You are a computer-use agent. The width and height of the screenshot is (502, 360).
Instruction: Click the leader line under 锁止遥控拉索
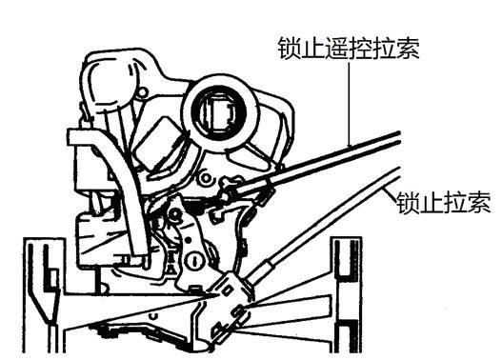(351, 105)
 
